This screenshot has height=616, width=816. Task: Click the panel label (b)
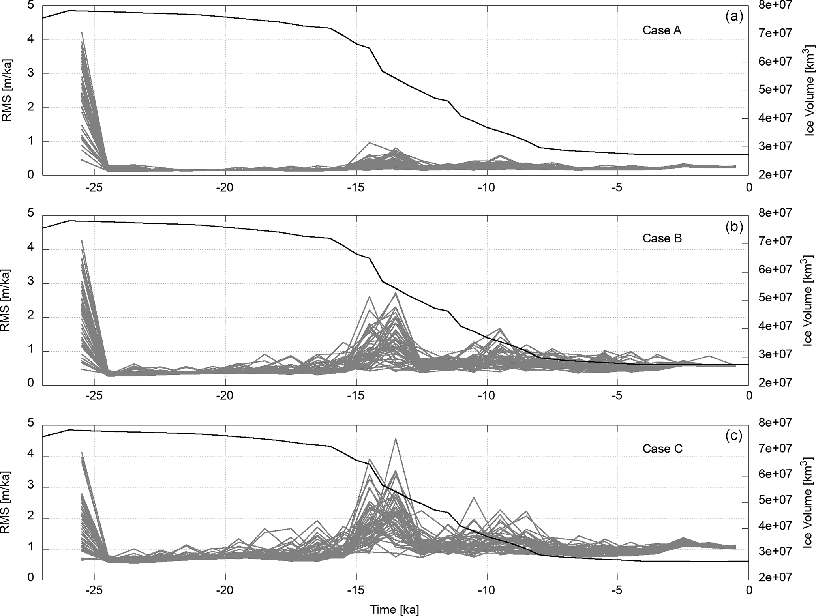[734, 227]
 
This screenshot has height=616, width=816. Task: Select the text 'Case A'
[662, 30]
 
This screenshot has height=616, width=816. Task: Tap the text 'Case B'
[662, 238]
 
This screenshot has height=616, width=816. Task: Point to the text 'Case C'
[662, 449]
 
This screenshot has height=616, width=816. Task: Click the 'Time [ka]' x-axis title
[394, 609]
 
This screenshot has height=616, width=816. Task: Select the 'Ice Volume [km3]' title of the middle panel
[808, 300]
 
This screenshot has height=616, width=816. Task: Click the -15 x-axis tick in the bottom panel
[356, 590]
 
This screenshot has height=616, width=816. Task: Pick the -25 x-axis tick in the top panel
[94, 187]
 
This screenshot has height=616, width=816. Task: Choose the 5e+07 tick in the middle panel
[775, 298]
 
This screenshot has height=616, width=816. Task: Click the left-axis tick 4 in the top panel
[30, 39]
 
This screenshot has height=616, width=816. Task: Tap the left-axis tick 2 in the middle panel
[30, 317]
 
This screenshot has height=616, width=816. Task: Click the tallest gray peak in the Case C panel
[395, 439]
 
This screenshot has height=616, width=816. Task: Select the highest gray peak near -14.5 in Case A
[370, 143]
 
